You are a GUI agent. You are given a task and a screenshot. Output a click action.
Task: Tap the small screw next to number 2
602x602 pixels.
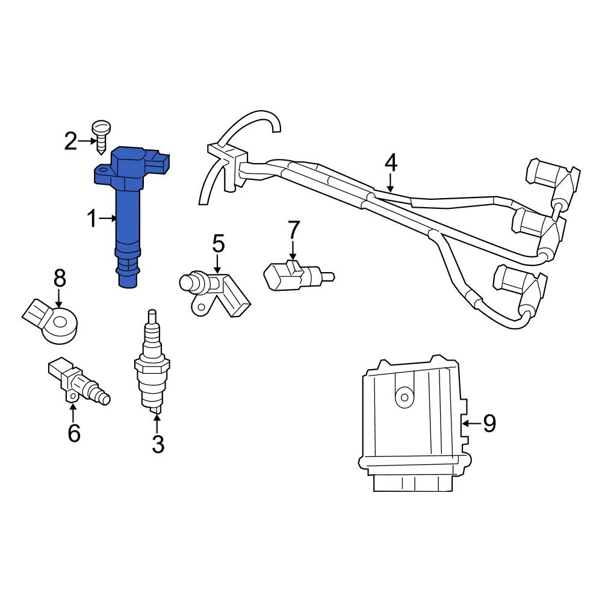click(x=101, y=135)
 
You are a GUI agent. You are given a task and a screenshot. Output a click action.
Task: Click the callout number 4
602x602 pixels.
click(x=391, y=162)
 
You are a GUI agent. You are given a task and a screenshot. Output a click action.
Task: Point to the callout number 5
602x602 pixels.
click(x=218, y=244)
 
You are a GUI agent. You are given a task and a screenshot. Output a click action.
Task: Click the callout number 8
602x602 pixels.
click(x=60, y=278)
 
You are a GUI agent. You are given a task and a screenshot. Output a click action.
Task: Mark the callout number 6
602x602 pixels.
click(x=73, y=433)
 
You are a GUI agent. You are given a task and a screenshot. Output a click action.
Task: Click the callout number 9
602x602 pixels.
click(x=489, y=424)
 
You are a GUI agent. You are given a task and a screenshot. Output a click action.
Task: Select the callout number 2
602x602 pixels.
click(x=71, y=142)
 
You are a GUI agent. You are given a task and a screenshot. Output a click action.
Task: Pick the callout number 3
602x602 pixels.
click(x=157, y=444)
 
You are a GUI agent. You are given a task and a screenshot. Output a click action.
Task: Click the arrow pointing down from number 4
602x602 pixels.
click(x=391, y=182)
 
